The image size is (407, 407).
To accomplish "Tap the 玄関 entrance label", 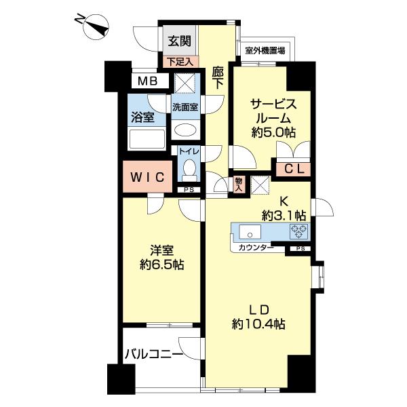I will (179, 41).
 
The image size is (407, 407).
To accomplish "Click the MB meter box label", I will (148, 81).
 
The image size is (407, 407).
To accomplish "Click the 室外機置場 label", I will (265, 51).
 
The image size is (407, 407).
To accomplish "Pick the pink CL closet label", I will (293, 170).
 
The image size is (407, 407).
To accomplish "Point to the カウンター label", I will (256, 248).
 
